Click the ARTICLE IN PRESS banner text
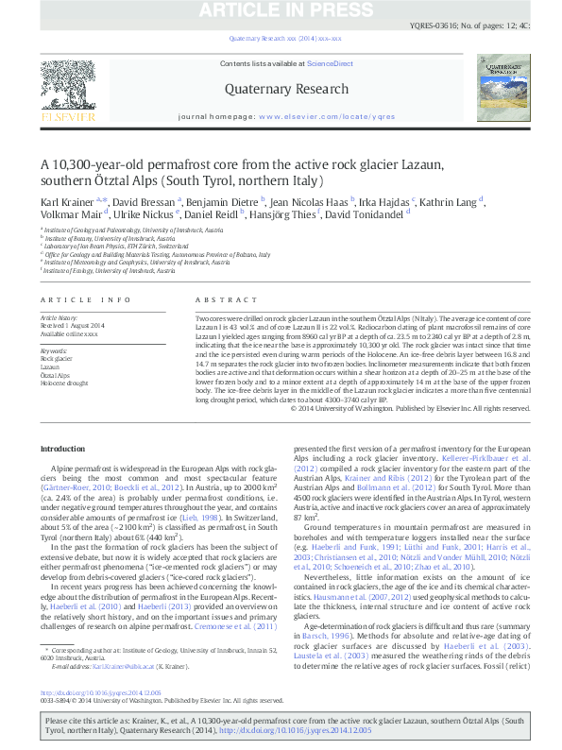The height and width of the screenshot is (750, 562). click(281, 10)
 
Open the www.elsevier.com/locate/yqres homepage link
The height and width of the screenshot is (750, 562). click(327, 116)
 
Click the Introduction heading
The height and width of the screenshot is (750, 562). click(64, 449)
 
